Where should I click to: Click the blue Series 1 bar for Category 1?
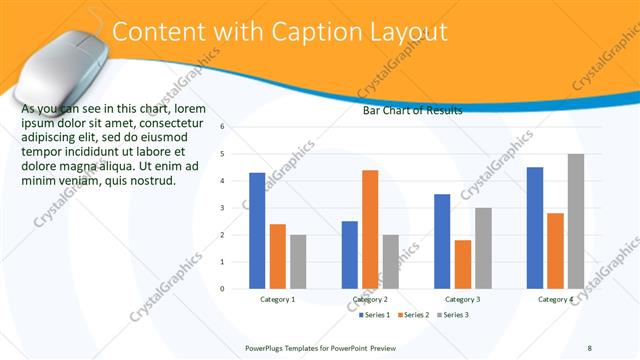[x=257, y=230]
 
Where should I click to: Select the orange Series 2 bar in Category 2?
[x=370, y=229]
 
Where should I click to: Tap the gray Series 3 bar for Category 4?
[x=575, y=221]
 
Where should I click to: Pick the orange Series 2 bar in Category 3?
[x=462, y=264]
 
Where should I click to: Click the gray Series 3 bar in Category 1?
[x=297, y=261]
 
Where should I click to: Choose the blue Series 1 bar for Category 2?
[x=350, y=254]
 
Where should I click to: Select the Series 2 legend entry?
[x=415, y=315]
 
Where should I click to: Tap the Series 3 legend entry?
[x=453, y=315]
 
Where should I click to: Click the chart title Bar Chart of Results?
[x=412, y=111]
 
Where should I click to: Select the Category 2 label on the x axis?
[x=370, y=299]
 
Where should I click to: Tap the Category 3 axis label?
[x=462, y=299]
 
